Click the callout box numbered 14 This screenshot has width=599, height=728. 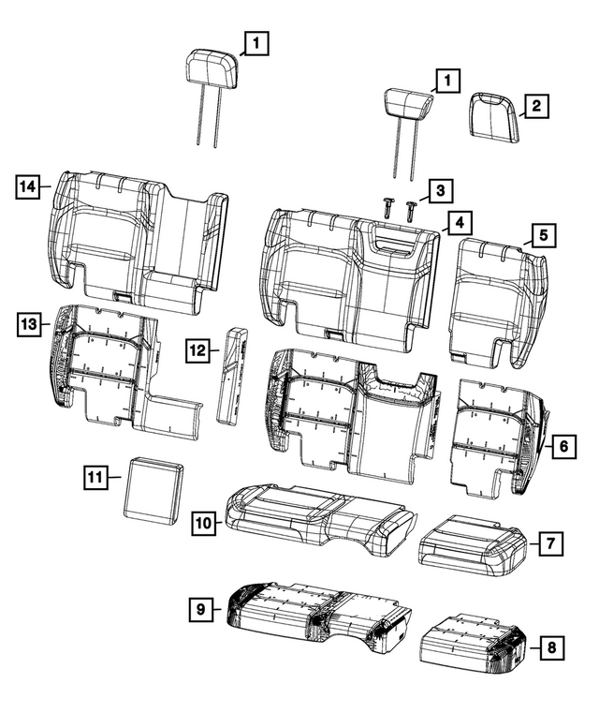(x=27, y=187)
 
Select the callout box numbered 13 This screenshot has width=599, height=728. (x=28, y=324)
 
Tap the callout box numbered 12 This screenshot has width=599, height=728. (x=198, y=350)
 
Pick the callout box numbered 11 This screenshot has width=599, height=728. (x=95, y=477)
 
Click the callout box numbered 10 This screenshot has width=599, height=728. (x=204, y=523)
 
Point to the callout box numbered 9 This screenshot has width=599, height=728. (x=201, y=609)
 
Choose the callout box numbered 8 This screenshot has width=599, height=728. (x=551, y=647)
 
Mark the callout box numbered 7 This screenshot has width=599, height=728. (x=550, y=543)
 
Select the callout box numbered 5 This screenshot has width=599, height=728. (x=544, y=235)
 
